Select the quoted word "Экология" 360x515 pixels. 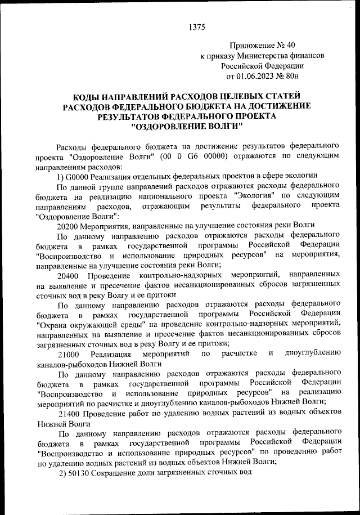(251, 195)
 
